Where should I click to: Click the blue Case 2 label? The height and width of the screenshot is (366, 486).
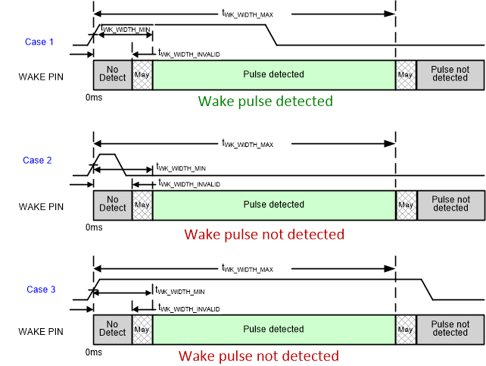pyautogui.click(x=38, y=160)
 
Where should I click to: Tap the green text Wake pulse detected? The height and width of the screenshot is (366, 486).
pyautogui.click(x=265, y=101)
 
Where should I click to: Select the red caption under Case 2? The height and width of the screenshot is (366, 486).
pyautogui.click(x=264, y=234)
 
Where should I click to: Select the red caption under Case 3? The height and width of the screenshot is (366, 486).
pyautogui.click(x=259, y=355)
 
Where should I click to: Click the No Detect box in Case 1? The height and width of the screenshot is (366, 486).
pyautogui.click(x=112, y=74)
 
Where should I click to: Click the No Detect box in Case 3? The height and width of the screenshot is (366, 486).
pyautogui.click(x=112, y=328)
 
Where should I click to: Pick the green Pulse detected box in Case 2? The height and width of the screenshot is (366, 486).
pyautogui.click(x=273, y=204)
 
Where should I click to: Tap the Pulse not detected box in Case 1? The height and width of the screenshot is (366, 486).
pyautogui.click(x=450, y=74)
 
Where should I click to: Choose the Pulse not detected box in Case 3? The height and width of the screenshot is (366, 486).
pyautogui.click(x=450, y=328)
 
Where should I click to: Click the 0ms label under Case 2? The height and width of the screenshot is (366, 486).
pyautogui.click(x=93, y=227)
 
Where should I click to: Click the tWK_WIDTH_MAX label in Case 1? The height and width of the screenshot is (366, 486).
pyautogui.click(x=247, y=13)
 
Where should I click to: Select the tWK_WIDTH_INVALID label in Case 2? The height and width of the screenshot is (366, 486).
pyautogui.click(x=189, y=184)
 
